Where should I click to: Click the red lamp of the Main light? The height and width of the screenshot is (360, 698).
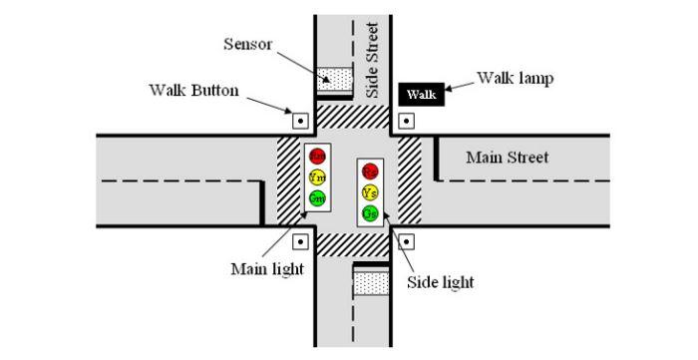317,156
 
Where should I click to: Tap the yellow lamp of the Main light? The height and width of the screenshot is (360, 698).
317,177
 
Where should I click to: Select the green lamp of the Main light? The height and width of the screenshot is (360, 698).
317,196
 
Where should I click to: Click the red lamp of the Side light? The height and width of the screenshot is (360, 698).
370,172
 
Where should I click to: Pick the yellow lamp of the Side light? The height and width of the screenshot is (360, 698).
370,191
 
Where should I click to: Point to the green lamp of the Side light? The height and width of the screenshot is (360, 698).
370,212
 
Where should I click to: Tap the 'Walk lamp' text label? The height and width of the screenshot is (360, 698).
515,77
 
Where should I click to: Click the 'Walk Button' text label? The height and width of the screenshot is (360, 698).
193,90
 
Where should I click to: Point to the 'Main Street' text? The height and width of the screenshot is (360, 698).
508,158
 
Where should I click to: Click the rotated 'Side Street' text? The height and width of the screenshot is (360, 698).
372,60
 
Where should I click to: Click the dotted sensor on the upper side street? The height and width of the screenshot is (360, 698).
335,79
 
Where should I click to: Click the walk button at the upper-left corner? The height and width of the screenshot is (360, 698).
300,121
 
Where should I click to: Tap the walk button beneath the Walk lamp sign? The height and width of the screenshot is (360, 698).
405,121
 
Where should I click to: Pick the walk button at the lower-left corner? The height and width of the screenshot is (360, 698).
300,240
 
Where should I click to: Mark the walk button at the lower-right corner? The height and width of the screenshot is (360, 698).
405,240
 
